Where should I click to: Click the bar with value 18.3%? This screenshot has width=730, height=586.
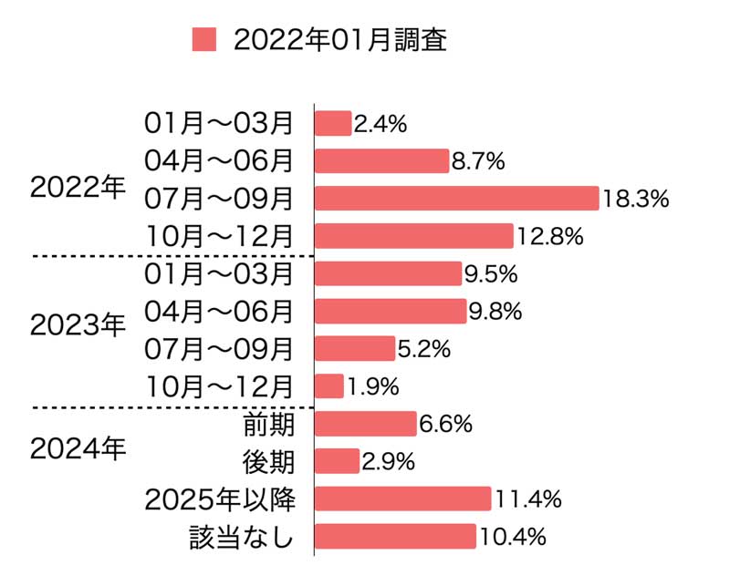pyautogui.click(x=456, y=198)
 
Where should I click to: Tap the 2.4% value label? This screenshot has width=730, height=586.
pyautogui.click(x=380, y=123)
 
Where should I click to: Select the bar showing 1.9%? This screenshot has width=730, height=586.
pyautogui.click(x=328, y=386)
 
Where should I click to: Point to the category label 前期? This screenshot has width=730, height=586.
pyautogui.click(x=268, y=424)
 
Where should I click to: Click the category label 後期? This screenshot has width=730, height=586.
pyautogui.click(x=268, y=462)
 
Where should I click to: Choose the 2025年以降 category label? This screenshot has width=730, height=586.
pyautogui.click(x=219, y=499)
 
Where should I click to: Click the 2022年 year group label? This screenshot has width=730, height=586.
pyautogui.click(x=78, y=187)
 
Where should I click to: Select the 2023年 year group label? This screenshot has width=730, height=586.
pyautogui.click(x=78, y=324)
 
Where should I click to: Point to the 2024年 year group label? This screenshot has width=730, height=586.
pyautogui.click(x=78, y=448)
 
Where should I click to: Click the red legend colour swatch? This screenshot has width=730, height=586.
pyautogui.click(x=204, y=40)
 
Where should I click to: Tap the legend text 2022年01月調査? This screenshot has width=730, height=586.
pyautogui.click(x=340, y=40)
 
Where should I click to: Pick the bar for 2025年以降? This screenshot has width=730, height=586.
pyautogui.click(x=403, y=499)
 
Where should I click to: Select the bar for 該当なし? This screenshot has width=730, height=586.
pyautogui.click(x=395, y=537)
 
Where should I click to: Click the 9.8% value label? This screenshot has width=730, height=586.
pyautogui.click(x=495, y=312)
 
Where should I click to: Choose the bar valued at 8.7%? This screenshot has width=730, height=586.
pyautogui.click(x=381, y=160)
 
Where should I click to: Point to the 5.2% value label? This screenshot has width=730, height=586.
pyautogui.click(x=423, y=349)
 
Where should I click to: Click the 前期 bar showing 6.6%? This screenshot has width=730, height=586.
pyautogui.click(x=365, y=424)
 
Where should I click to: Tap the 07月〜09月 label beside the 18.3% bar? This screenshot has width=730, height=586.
pyautogui.click(x=219, y=198)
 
